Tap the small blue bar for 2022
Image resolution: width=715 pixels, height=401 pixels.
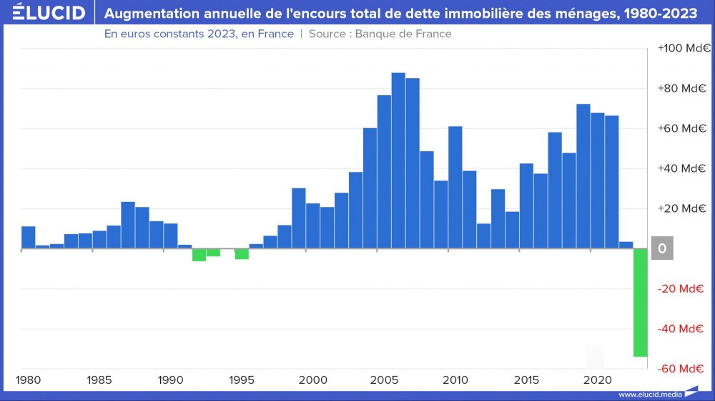pos(626,245)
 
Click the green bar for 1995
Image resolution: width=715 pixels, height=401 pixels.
pos(242,253)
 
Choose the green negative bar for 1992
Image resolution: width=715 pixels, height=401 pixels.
pos(199,255)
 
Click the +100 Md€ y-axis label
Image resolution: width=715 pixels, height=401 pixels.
pos(682,48)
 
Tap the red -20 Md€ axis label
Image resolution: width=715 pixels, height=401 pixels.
pos(682,289)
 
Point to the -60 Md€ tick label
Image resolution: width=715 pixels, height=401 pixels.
pos(682,369)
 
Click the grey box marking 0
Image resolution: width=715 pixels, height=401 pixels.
pos(662,248)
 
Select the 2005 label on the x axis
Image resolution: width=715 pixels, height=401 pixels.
pos(384,379)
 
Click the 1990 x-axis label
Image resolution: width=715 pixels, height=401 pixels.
pos(170,379)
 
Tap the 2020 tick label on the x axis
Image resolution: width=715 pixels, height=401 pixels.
pos(597,379)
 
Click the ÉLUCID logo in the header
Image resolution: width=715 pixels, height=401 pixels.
pos(44,13)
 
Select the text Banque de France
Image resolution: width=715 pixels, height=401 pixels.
pos(403,34)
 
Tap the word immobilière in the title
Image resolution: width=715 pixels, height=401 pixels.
pos(455,13)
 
